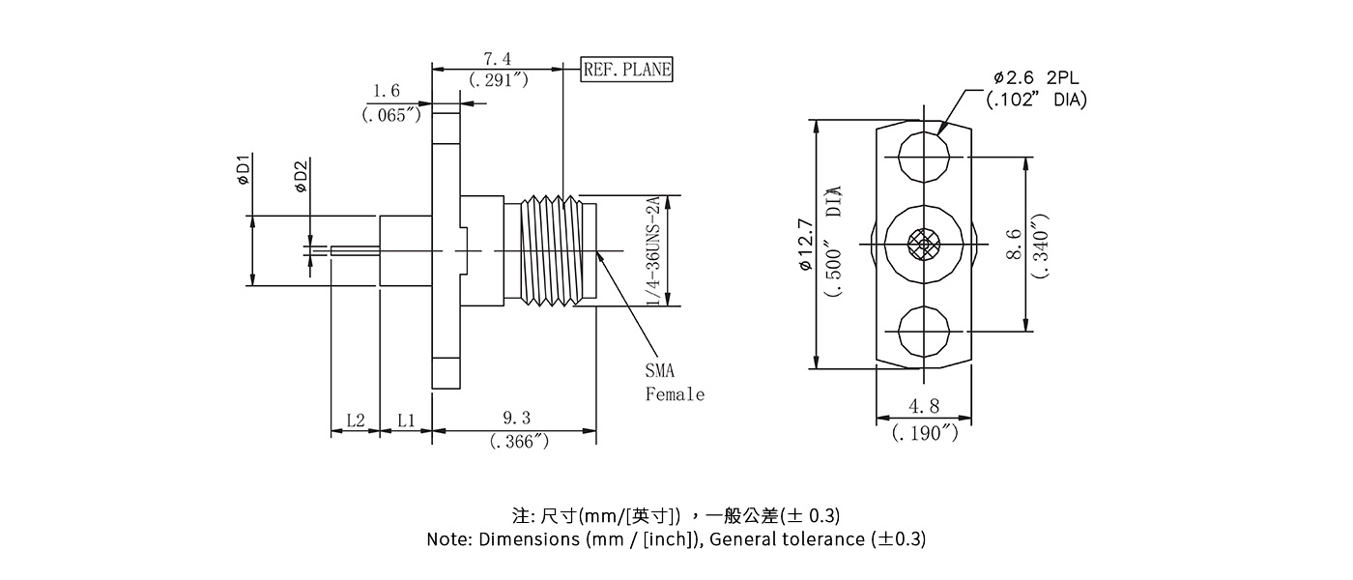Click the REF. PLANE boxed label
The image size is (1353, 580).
click(x=626, y=70)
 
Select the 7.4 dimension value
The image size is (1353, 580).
click(x=498, y=61)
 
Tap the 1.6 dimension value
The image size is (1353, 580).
click(x=387, y=91)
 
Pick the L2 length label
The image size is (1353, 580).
click(x=355, y=420)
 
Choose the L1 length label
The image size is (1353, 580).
click(x=406, y=420)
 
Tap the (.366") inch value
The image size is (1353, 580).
click(x=519, y=442)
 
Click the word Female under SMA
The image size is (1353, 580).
click(x=675, y=394)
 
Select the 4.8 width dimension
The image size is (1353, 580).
click(x=924, y=408)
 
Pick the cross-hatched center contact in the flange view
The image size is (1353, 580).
click(x=924, y=245)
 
